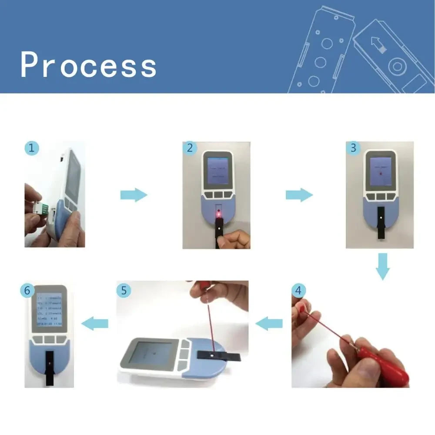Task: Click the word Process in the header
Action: point(88,65)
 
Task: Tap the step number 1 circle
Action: point(31,148)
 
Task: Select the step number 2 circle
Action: point(190,148)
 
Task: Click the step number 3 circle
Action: point(353,148)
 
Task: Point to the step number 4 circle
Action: point(298,290)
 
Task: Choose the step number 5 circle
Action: point(124,290)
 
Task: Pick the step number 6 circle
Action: point(27,291)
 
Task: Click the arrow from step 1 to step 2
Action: point(134,195)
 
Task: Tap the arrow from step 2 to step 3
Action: point(299,195)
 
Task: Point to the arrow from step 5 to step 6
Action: point(95,323)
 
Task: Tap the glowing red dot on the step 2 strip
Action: point(219,214)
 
